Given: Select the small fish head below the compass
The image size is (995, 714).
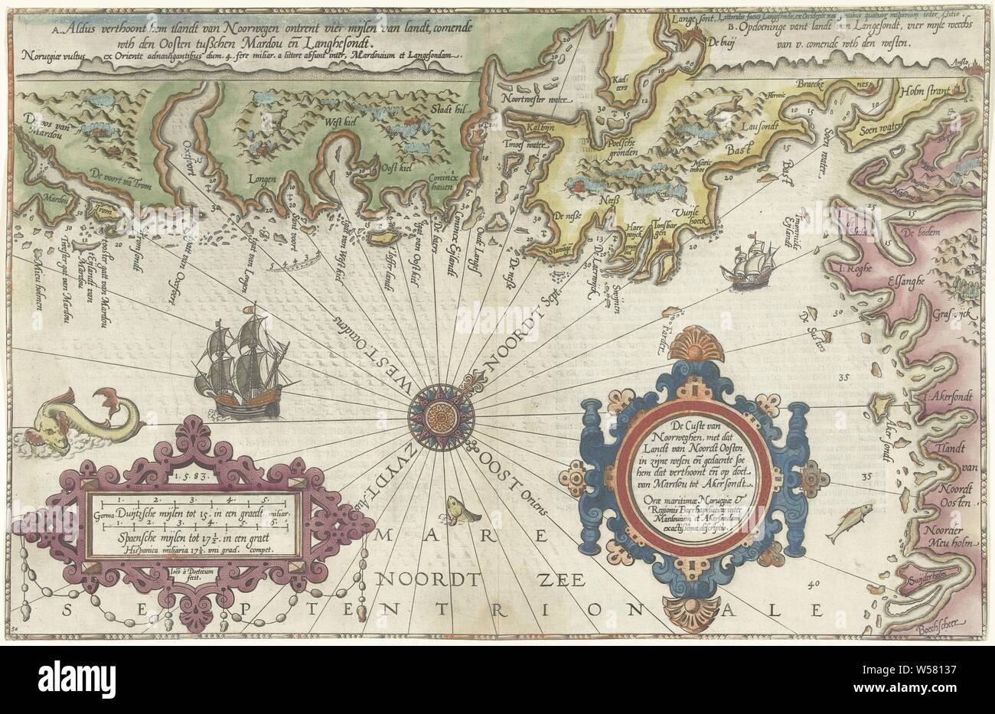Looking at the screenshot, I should (x=455, y=507).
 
